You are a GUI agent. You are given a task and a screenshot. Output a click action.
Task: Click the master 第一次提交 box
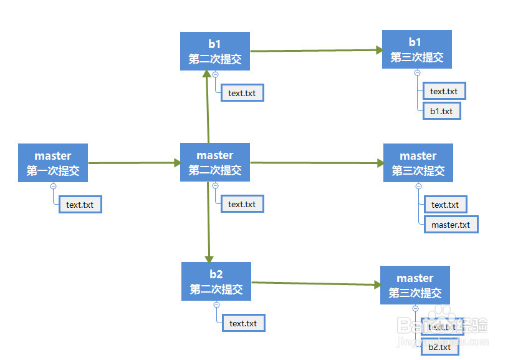tap(53, 163)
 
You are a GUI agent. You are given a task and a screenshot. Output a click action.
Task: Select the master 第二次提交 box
tap(214, 162)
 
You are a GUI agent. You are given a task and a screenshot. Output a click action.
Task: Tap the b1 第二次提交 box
tap(214, 51)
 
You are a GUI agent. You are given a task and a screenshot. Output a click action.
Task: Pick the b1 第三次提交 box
tap(417, 49)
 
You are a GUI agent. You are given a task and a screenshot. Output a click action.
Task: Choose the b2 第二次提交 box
tap(216, 281)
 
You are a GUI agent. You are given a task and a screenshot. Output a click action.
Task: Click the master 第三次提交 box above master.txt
tap(418, 163)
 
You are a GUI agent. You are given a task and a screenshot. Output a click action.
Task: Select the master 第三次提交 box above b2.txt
tap(415, 285)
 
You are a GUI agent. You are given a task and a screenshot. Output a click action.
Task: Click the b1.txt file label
tap(442, 111)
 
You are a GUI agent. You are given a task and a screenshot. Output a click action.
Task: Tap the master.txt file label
tap(451, 225)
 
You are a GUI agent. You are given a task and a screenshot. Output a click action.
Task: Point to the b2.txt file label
tap(439, 347)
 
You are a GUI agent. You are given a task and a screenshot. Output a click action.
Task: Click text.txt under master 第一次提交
tap(80, 205)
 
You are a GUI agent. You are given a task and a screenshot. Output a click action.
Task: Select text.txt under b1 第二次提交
tap(242, 93)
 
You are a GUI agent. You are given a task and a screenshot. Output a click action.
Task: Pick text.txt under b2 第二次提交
tap(243, 323)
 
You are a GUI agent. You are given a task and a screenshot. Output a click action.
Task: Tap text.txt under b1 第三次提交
tap(444, 91)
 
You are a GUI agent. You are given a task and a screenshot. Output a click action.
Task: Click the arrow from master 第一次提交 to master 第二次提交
tap(135, 163)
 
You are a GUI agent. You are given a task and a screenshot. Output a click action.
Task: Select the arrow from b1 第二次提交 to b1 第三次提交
tap(317, 51)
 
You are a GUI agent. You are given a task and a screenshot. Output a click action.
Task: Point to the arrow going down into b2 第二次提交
tap(208, 222)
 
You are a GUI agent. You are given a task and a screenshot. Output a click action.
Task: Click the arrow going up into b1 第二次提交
tap(208, 107)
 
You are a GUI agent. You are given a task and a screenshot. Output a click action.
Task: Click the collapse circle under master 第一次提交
tap(53, 187)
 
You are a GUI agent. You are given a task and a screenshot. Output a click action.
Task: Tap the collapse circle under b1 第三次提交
tap(417, 73)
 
